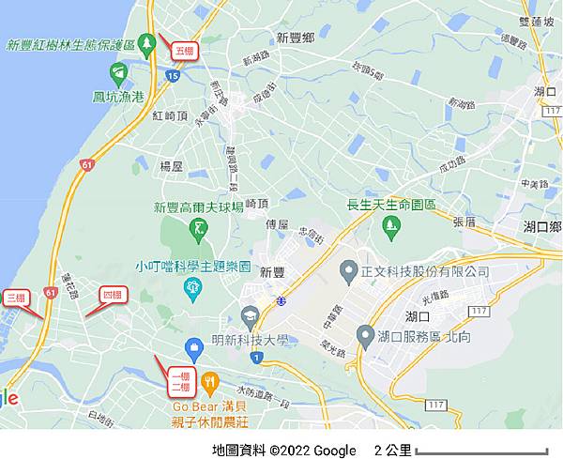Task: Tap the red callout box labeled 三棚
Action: [x=16, y=298]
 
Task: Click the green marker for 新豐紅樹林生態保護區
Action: [x=146, y=43]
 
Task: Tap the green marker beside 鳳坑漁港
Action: [x=118, y=72]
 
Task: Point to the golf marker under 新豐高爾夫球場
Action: [x=199, y=227]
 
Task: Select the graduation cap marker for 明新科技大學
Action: [x=250, y=316]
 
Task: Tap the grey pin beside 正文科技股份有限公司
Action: [x=347, y=271]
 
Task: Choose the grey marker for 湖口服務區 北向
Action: [x=365, y=335]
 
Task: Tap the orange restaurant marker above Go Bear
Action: [x=210, y=382]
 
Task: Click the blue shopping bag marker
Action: [x=193, y=350]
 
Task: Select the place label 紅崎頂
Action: [x=170, y=115]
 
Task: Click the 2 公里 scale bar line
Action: [x=481, y=452]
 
